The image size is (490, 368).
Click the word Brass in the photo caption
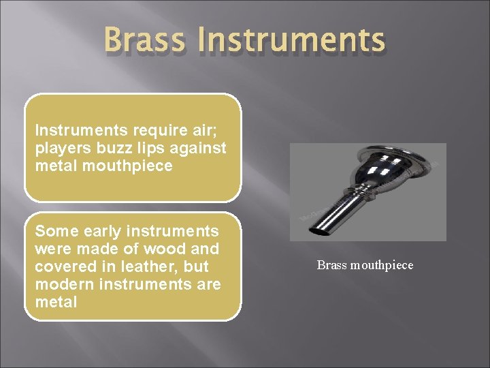(331, 265)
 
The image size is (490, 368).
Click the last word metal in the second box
(56, 302)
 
